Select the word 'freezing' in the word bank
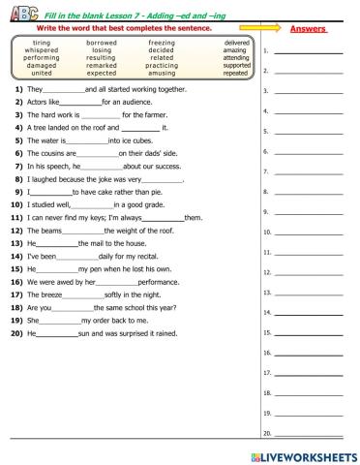162,44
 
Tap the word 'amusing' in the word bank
162,73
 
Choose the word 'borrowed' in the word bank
102,44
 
